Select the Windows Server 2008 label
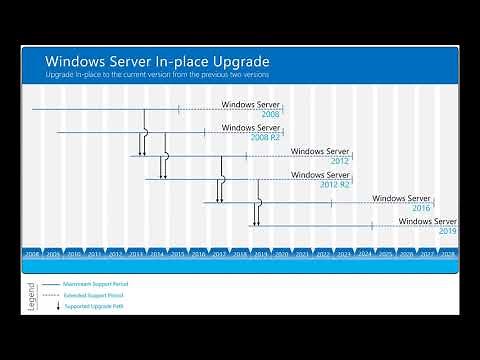pyautogui.click(x=251, y=108)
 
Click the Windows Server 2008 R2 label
pyautogui.click(x=251, y=132)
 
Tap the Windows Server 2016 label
pyautogui.click(x=402, y=203)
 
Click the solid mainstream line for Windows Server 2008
pyautogui.click(x=100, y=108)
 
